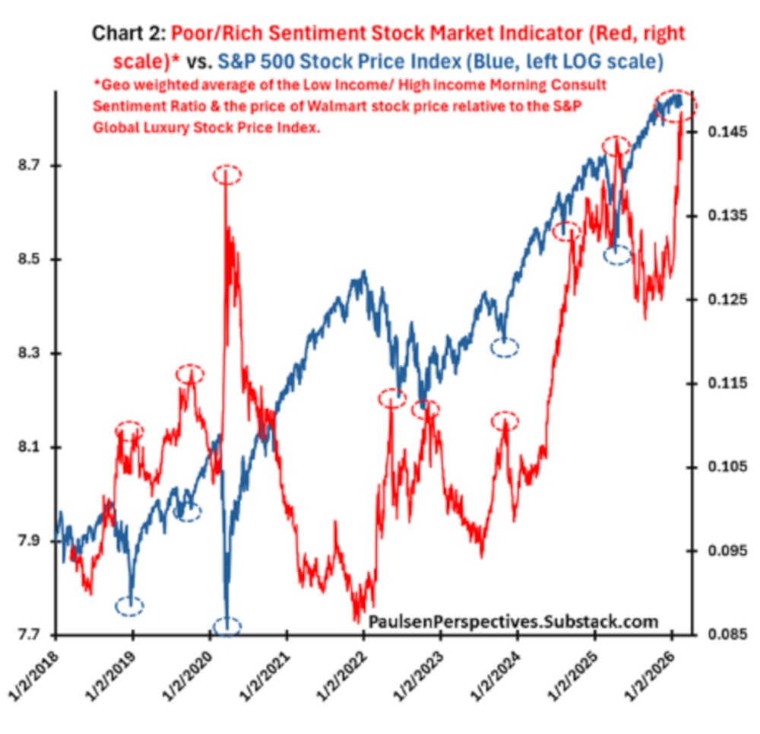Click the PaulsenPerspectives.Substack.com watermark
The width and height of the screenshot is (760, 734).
(x=513, y=622)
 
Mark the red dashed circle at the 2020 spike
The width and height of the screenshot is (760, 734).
(x=226, y=175)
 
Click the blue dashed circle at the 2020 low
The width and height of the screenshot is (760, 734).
(x=227, y=628)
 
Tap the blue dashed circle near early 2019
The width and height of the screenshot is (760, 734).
(x=130, y=606)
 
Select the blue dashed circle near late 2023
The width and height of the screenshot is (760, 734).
(x=505, y=348)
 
